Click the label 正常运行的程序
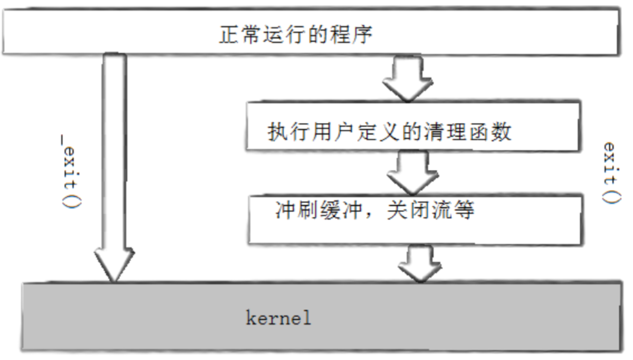pyautogui.click(x=295, y=35)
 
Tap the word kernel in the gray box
pyautogui.click(x=279, y=318)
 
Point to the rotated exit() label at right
pyautogui.click(x=609, y=172)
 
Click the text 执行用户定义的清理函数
pyautogui.click(x=389, y=132)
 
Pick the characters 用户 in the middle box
pyautogui.click(x=329, y=132)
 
